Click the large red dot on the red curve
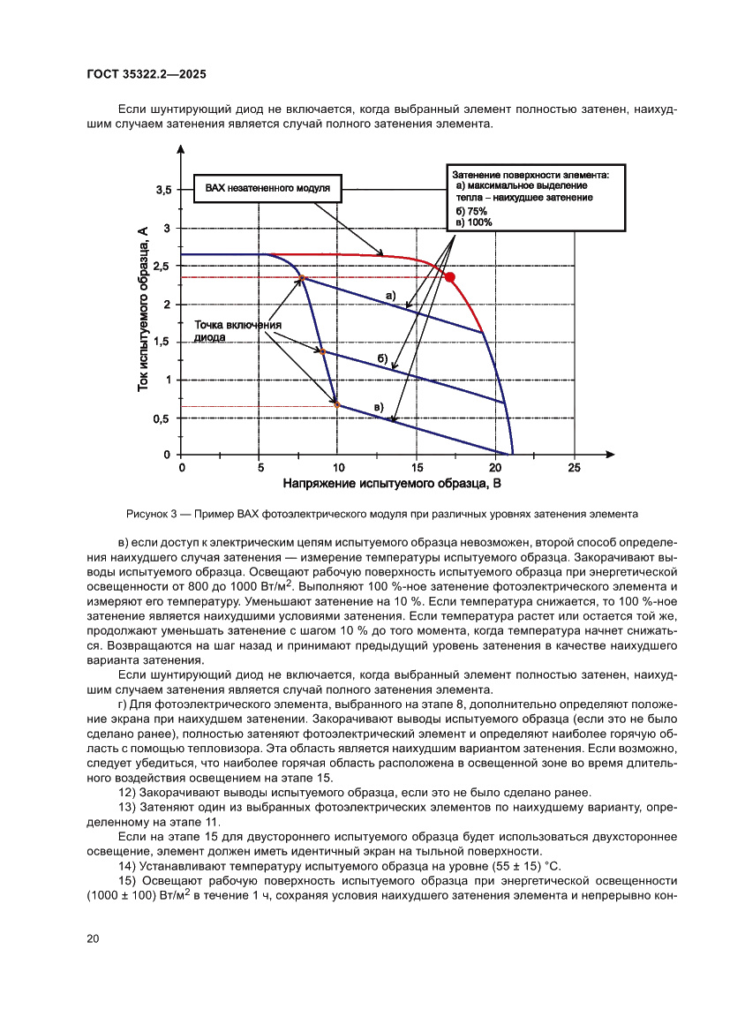pyautogui.click(x=449, y=277)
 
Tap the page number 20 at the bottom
pyautogui.click(x=93, y=938)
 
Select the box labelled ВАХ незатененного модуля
pyautogui.click(x=267, y=188)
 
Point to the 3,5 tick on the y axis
pyautogui.click(x=165, y=191)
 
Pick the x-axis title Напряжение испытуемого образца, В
pyautogui.click(x=392, y=484)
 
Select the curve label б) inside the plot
pyautogui.click(x=382, y=357)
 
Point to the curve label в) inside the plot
pyautogui.click(x=378, y=405)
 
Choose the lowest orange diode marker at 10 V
pyautogui.click(x=337, y=404)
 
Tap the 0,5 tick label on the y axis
pyautogui.click(x=162, y=418)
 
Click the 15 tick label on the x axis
pyautogui.click(x=416, y=468)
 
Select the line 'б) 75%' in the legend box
pyautogui.click(x=471, y=212)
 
